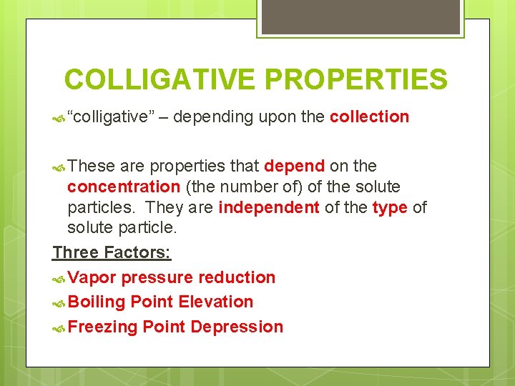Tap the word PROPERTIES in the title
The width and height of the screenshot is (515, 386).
(352, 79)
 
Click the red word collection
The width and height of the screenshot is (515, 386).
(369, 117)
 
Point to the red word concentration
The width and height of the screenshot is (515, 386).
(124, 187)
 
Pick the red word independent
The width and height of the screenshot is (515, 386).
(268, 207)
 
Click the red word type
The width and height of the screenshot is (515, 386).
(390, 207)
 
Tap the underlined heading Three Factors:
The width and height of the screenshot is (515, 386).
(112, 252)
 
